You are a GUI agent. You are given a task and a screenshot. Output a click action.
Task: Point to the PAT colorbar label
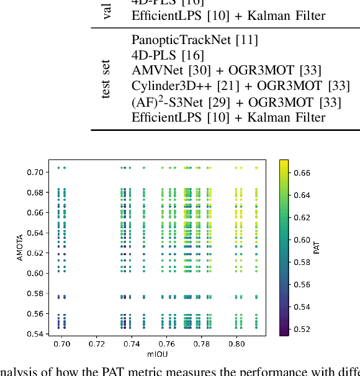point(317,248)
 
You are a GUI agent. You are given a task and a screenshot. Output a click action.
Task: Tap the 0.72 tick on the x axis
point(97,343)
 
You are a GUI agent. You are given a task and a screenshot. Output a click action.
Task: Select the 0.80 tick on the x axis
point(236,343)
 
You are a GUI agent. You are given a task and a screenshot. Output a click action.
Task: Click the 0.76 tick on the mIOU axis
point(166,343)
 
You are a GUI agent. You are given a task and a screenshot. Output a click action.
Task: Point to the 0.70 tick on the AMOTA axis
point(35,172)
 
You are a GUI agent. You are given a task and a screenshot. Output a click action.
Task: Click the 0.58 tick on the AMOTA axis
point(35,293)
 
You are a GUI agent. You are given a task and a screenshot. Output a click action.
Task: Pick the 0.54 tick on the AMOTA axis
point(35,334)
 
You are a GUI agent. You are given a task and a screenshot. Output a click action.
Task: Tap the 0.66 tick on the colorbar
point(302,172)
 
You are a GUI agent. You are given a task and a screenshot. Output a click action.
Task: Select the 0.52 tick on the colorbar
point(302,329)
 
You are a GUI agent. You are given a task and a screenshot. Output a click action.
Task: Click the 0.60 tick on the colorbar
point(302,239)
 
